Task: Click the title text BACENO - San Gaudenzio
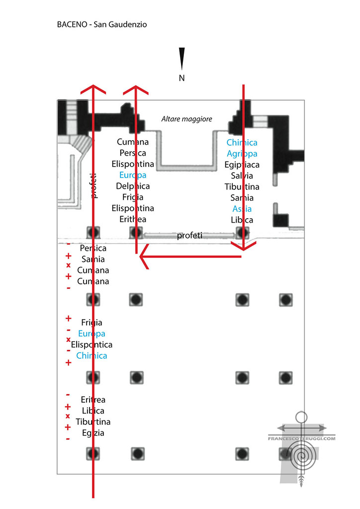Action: point(101,24)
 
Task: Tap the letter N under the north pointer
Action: point(182,78)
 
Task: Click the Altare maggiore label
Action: point(187,119)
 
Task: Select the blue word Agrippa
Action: point(242,154)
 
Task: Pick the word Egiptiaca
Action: point(242,165)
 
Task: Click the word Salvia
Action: point(242,175)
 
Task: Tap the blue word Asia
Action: point(242,209)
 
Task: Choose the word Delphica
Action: point(133,186)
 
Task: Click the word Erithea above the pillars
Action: point(133,219)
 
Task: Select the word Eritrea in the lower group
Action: point(93,400)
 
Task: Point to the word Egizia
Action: point(93,432)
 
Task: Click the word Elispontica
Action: point(92,344)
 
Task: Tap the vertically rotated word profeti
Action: point(93,186)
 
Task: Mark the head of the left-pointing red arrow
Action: point(143,257)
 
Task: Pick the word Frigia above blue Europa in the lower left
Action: point(91,323)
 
